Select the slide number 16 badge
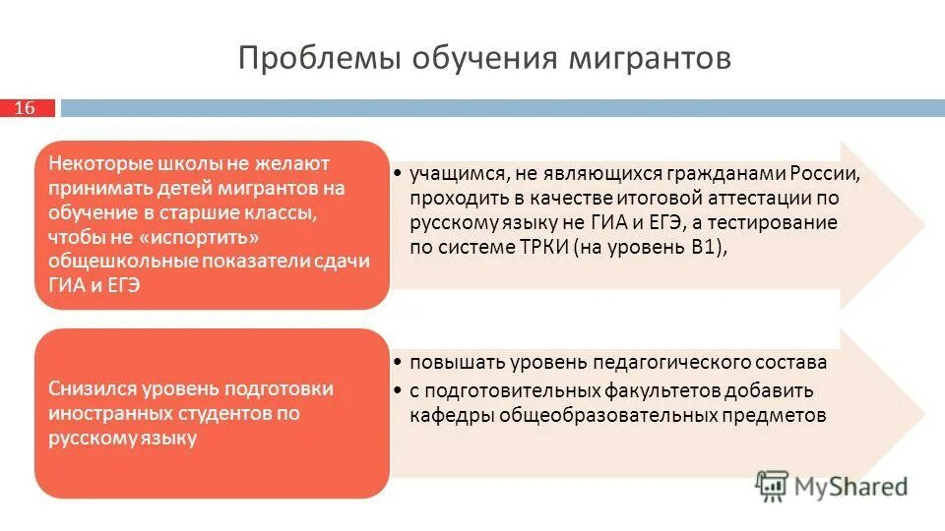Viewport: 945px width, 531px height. tap(24, 108)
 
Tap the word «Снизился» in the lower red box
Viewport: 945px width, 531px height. tap(92, 388)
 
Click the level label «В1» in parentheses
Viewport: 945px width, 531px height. tap(704, 248)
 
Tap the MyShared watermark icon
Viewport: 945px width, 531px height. tap(773, 484)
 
